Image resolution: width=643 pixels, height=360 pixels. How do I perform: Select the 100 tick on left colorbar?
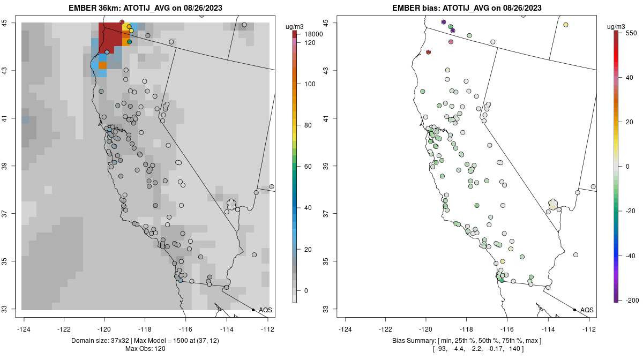click(309, 84)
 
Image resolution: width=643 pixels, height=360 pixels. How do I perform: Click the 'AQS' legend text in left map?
click(265, 310)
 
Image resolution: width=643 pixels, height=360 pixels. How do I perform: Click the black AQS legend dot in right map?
click(574, 310)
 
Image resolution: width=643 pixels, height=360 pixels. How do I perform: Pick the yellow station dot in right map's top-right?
click(566, 25)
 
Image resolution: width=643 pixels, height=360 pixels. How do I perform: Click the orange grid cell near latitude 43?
click(102, 66)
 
